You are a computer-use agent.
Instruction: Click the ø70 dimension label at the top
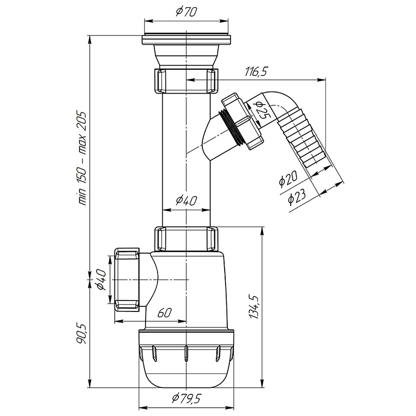point(186,11)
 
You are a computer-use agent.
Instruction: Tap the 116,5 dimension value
point(256,72)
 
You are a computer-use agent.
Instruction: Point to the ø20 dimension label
point(288,178)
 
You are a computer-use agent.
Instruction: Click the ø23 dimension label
point(297,197)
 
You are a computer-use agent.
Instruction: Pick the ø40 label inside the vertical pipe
point(186,201)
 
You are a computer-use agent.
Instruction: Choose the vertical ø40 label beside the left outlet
point(101,279)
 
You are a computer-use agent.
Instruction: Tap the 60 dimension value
point(164,313)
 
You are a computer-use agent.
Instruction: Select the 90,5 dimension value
point(82,333)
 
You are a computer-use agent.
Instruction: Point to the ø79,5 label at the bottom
point(187,398)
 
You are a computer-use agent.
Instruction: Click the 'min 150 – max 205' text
point(83,158)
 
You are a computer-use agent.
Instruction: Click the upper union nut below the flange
point(187,81)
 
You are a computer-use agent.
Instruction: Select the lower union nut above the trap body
point(187,239)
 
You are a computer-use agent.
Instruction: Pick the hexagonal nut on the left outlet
point(127,280)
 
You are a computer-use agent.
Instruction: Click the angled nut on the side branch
point(242,121)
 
